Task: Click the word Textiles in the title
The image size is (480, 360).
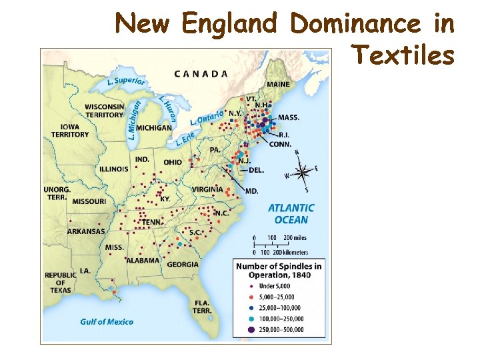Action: pos(403,55)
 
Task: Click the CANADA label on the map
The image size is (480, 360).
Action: pos(201,73)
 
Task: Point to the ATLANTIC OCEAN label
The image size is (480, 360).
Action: pos(291,214)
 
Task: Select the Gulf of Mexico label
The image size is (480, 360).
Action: pos(107,321)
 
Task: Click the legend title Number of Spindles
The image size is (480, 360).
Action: pos(278,270)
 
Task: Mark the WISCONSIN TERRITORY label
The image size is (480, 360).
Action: pos(105,111)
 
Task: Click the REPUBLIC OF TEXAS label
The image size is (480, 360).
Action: pos(61,283)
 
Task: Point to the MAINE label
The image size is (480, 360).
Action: pos(278,85)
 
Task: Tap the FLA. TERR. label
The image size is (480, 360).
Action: pos(202,307)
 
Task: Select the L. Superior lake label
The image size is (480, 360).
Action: pos(126,81)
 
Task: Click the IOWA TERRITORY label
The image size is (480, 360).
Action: pos(70,130)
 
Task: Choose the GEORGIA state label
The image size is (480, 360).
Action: pos(183,264)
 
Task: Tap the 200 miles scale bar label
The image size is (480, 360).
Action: pos(295,238)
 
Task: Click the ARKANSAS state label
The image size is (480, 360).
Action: pos(86,231)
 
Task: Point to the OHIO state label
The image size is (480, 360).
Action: pos(172,162)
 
